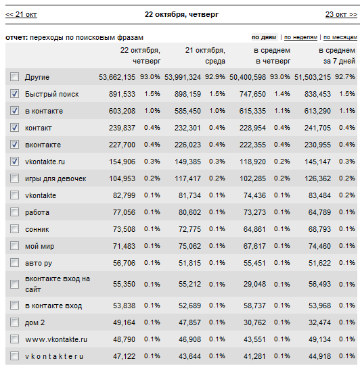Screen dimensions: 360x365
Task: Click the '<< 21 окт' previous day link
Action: pos(21,14)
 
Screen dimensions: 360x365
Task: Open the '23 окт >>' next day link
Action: pos(341,14)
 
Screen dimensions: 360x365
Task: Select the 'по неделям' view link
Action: pos(300,37)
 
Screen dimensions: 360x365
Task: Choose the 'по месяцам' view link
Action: pos(340,37)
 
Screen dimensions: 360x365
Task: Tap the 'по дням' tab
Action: pos(264,37)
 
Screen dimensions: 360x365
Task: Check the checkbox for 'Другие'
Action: pos(14,77)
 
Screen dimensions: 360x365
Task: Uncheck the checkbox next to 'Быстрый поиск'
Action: pos(14,94)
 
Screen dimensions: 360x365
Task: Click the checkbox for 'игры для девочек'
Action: pos(14,178)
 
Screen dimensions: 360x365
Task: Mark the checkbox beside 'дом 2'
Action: pos(14,322)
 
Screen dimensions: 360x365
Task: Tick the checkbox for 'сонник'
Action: pos(14,229)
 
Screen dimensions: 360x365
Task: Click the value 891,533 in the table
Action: pos(122,94)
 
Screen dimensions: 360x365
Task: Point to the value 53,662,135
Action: pos(117,77)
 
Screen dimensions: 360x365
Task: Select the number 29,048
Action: pos(254,284)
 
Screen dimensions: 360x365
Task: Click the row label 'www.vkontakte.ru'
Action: pos(56,339)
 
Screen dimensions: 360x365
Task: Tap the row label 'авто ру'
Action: pos(39,264)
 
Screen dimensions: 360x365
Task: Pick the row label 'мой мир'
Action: pos(40,246)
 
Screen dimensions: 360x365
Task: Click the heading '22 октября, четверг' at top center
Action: pos(182,14)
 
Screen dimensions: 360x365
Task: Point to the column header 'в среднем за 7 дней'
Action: pos(337,55)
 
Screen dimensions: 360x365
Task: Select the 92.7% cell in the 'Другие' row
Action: pos(345,77)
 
